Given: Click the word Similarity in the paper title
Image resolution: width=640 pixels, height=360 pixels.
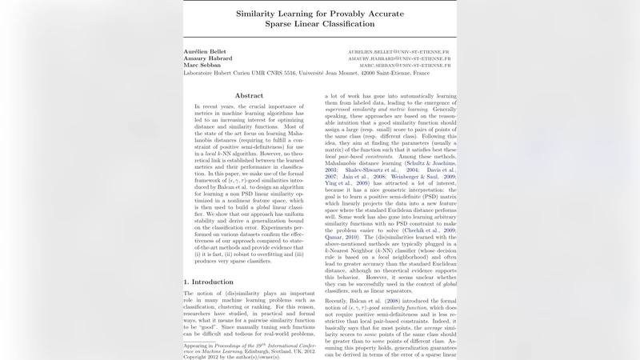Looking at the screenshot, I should point(262,14).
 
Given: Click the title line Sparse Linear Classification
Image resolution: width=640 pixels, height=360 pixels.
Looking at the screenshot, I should point(320,25).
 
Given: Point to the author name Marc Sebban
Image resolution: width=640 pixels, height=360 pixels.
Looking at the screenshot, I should point(203,66).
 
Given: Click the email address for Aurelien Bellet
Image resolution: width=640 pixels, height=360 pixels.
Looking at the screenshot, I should point(398,51).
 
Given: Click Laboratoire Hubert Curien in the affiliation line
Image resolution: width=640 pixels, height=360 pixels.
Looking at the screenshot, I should point(220,73).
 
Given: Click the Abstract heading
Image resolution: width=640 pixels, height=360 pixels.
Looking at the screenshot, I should point(249,95).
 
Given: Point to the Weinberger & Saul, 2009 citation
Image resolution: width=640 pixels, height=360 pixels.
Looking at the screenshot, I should point(412,177).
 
